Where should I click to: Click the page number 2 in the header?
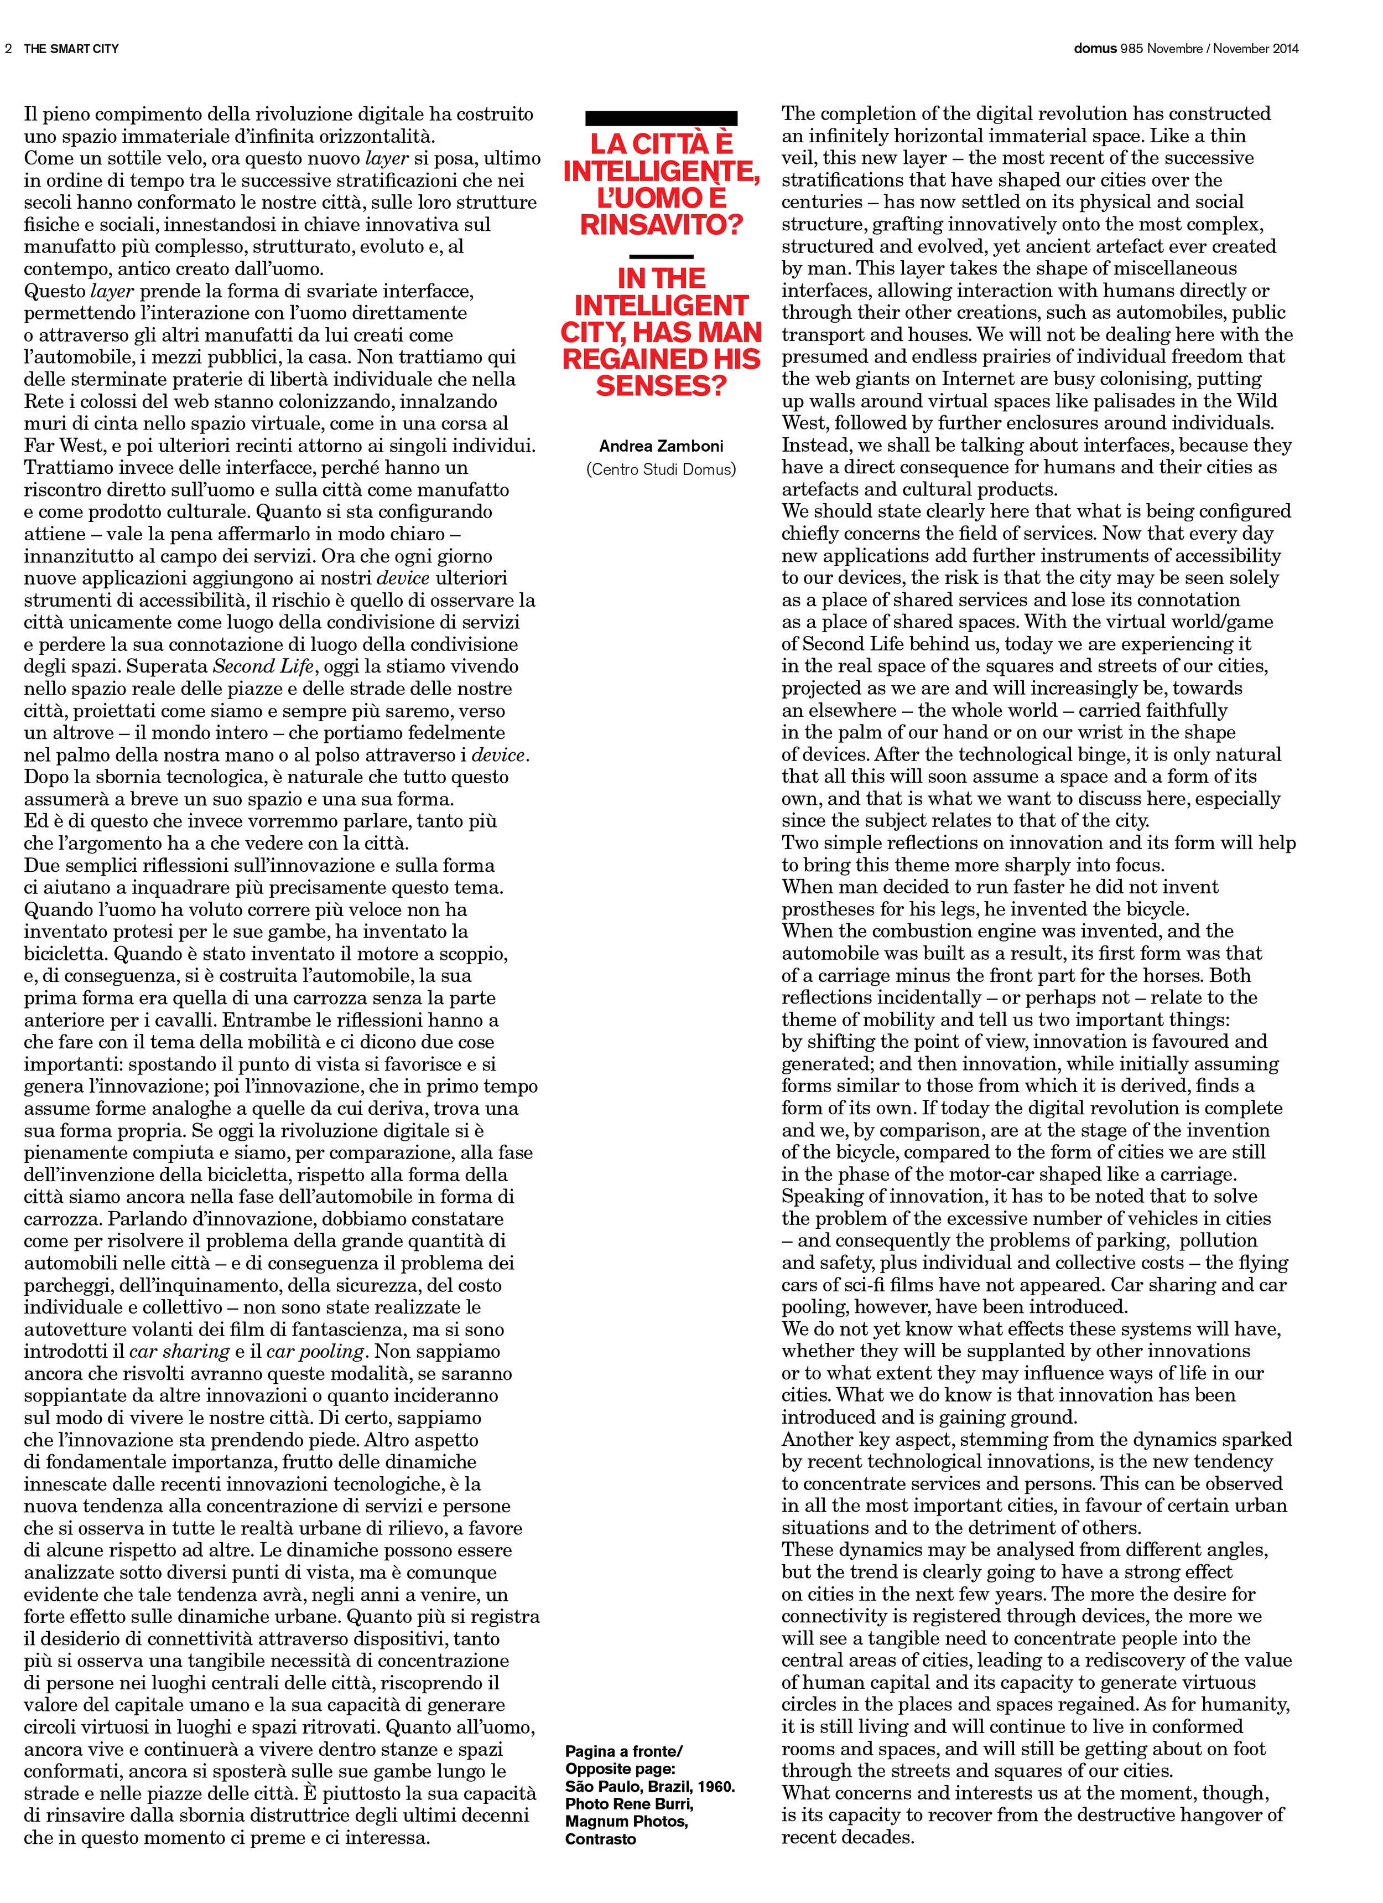8,49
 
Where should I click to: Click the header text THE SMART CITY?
71,49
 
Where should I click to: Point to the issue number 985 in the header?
1131,49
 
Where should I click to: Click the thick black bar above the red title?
661,118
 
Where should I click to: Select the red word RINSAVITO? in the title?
661,225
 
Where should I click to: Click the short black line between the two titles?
661,257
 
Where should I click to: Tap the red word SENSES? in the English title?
661,386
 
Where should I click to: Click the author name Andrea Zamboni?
661,446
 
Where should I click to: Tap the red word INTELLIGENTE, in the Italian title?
661,171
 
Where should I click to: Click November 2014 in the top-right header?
1256,49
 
